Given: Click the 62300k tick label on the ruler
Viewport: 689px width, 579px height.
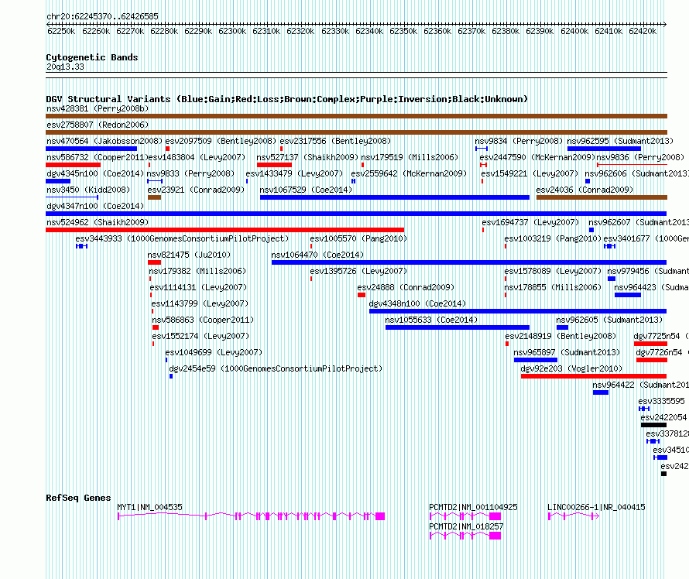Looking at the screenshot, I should pos(233,32).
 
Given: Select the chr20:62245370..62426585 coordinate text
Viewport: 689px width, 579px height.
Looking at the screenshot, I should pos(102,15).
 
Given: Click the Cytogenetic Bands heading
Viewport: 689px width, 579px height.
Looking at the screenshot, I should pos(91,57).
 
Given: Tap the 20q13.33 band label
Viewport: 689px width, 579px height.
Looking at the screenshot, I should pos(65,67).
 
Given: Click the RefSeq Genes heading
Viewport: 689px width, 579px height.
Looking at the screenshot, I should pos(78,498).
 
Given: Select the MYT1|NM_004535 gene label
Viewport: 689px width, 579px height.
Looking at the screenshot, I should pos(149,507).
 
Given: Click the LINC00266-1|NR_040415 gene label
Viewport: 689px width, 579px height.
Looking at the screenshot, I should pos(596,507).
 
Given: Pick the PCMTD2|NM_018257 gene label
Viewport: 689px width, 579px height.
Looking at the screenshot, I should pos(466,526).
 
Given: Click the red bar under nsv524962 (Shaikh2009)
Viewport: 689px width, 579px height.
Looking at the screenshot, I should pos(225,230).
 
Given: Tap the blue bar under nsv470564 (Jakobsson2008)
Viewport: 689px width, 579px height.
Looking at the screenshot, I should pos(91,149).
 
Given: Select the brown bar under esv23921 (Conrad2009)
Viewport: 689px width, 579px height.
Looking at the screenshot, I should pos(154,197).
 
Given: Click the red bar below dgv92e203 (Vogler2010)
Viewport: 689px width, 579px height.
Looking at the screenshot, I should pos(593,376).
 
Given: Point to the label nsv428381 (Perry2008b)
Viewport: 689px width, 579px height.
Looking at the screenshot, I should pos(97,108).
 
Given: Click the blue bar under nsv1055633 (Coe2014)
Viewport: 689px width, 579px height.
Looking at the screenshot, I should pos(457,327).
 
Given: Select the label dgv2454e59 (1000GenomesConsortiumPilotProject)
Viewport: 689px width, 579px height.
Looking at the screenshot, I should pos(275,368).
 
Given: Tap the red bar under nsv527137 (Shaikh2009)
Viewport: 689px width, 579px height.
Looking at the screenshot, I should pos(274,165).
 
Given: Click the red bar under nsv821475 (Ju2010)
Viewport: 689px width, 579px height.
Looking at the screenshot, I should pos(154,262).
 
